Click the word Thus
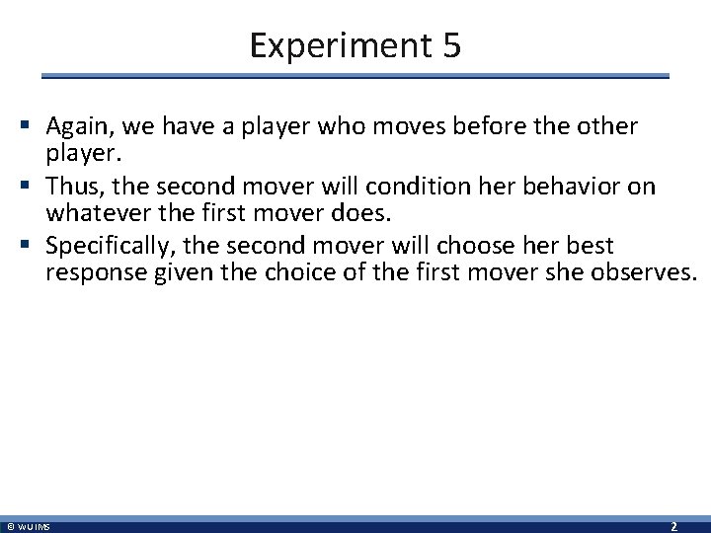74,186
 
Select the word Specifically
105,244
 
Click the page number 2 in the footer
672,526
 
